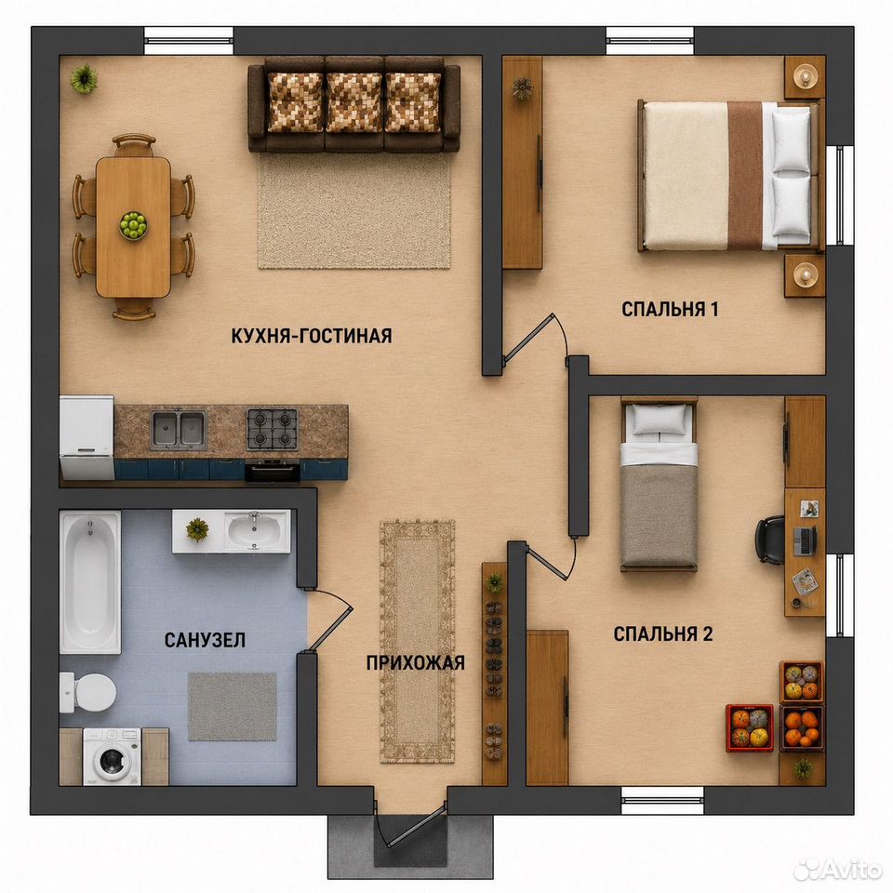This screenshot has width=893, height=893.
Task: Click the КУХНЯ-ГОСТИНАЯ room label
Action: click(312, 336)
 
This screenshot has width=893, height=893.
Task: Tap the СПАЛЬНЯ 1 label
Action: click(670, 309)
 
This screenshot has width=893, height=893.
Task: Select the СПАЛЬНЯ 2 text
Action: click(663, 633)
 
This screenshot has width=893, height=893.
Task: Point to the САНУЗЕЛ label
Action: click(205, 640)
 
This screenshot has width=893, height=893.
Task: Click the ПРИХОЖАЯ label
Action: click(416, 663)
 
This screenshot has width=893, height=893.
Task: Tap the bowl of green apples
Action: click(133, 224)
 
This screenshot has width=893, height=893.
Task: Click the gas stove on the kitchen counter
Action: click(273, 430)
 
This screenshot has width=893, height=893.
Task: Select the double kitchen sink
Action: click(179, 428)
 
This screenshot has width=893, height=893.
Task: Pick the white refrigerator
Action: click(87, 437)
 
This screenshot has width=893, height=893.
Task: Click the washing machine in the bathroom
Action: click(113, 757)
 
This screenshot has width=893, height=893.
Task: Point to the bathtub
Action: click(90, 582)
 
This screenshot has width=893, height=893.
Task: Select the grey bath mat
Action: click(233, 706)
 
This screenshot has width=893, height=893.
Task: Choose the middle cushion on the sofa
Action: click(354, 102)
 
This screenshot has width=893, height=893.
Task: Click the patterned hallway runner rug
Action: click(418, 641)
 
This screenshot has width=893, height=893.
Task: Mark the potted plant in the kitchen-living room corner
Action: click(84, 78)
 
